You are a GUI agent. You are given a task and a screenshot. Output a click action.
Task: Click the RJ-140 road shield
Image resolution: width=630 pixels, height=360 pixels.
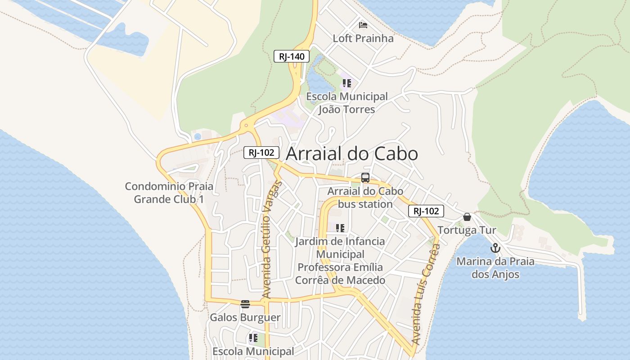(x=292, y=56)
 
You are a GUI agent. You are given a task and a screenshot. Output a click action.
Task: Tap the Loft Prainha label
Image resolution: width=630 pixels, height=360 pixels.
(x=363, y=38)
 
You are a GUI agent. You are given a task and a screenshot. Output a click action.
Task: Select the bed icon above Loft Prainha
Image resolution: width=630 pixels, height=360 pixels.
(x=363, y=25)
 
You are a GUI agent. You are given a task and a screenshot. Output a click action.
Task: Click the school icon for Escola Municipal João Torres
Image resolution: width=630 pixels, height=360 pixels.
(x=346, y=83)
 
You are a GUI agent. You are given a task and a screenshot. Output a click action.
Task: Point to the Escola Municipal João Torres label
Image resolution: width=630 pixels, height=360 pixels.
(x=346, y=103)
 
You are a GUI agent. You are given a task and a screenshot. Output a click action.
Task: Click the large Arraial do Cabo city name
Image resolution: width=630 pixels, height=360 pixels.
(x=352, y=153)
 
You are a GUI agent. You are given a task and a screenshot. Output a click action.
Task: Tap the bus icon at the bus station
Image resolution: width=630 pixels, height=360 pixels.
(x=365, y=178)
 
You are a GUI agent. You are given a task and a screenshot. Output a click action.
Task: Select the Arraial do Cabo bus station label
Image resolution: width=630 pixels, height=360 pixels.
(x=365, y=198)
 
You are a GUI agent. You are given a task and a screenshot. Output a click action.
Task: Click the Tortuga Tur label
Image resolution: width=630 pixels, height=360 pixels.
(x=467, y=230)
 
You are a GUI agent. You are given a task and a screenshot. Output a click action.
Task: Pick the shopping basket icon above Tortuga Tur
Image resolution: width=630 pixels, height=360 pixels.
(x=467, y=217)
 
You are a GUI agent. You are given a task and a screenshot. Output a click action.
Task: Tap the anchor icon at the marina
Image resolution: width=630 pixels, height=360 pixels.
(x=495, y=248)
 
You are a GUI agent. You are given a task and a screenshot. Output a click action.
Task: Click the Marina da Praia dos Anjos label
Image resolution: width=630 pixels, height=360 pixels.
(x=495, y=268)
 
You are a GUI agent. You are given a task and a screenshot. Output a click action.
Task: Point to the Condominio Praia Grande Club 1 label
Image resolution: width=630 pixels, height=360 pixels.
(x=169, y=193)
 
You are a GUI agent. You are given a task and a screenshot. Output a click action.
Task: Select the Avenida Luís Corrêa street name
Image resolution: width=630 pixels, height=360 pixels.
(x=426, y=294)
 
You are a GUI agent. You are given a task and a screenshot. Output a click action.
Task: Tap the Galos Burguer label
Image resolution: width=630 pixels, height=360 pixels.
(x=245, y=317)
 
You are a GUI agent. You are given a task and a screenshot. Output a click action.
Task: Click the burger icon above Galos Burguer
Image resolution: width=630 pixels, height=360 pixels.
(x=245, y=304)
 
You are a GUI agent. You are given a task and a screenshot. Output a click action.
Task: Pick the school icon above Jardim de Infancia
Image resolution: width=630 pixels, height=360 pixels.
(x=340, y=228)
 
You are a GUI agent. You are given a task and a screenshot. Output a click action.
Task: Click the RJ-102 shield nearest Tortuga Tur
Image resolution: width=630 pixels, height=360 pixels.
(x=426, y=211)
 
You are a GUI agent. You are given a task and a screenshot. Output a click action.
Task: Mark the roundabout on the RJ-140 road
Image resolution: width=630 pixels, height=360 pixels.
(x=246, y=126)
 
